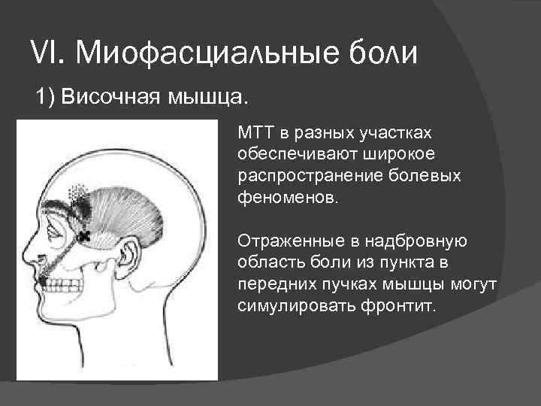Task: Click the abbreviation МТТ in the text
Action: pos(255,133)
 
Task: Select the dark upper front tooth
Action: pos(44,281)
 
